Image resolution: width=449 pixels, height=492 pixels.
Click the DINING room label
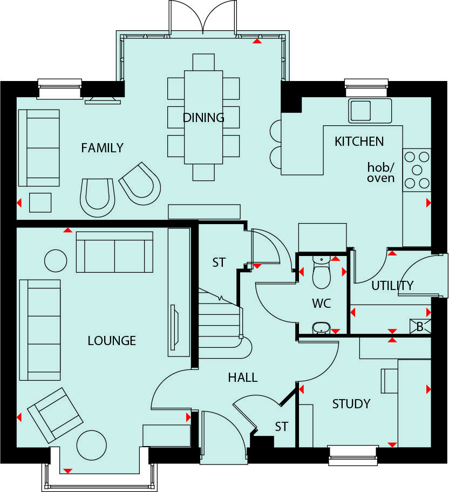click(x=203, y=118)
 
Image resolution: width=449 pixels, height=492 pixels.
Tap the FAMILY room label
click(x=102, y=147)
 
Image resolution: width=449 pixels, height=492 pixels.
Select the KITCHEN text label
click(x=359, y=141)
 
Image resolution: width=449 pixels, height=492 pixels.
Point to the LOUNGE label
click(x=112, y=341)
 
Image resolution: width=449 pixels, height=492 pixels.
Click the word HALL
click(x=242, y=378)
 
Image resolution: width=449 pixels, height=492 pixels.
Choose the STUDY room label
click(x=351, y=404)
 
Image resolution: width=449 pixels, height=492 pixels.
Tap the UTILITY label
click(x=392, y=286)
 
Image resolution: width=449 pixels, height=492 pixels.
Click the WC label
click(x=321, y=304)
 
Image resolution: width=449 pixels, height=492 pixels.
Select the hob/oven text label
click(x=381, y=172)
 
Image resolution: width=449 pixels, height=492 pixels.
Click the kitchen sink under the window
click(x=369, y=110)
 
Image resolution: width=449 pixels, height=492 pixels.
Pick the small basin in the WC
click(x=321, y=327)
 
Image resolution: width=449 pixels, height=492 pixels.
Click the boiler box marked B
click(x=420, y=326)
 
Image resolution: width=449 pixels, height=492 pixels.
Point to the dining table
click(x=203, y=117)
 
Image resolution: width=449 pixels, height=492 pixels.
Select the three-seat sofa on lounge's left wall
click(x=40, y=330)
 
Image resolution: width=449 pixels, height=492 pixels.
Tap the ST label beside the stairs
click(x=219, y=263)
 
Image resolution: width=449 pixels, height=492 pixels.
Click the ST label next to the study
click(x=281, y=427)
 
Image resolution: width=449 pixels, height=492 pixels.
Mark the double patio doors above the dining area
click(x=203, y=17)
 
